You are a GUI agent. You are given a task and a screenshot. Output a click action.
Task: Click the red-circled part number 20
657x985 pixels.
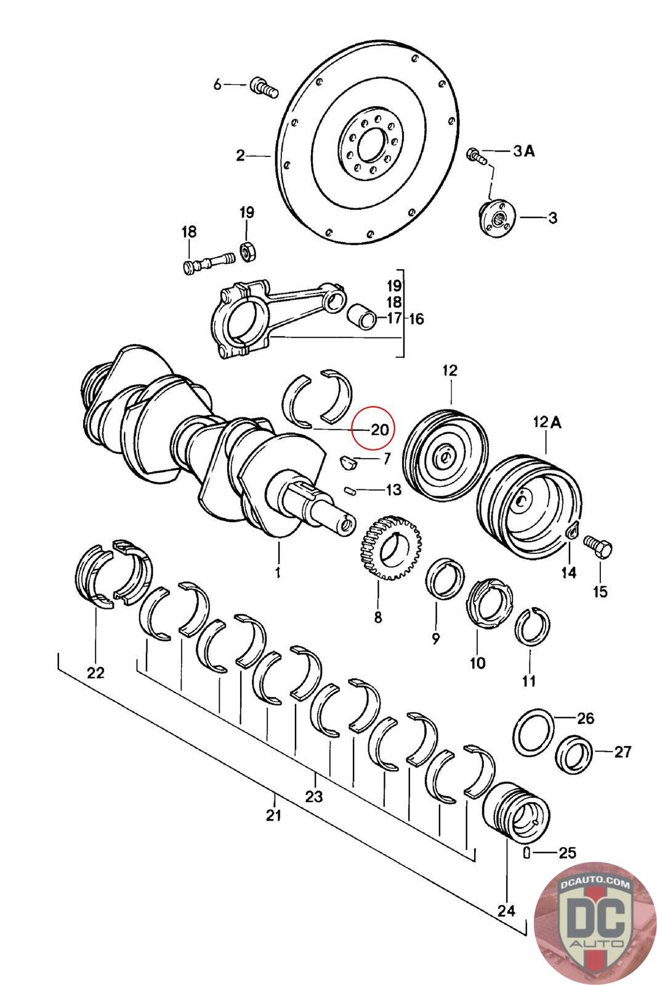pos(380,428)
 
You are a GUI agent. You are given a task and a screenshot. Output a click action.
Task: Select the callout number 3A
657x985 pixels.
pos(524,151)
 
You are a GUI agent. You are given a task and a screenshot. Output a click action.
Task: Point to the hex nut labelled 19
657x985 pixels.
pos(248,252)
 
